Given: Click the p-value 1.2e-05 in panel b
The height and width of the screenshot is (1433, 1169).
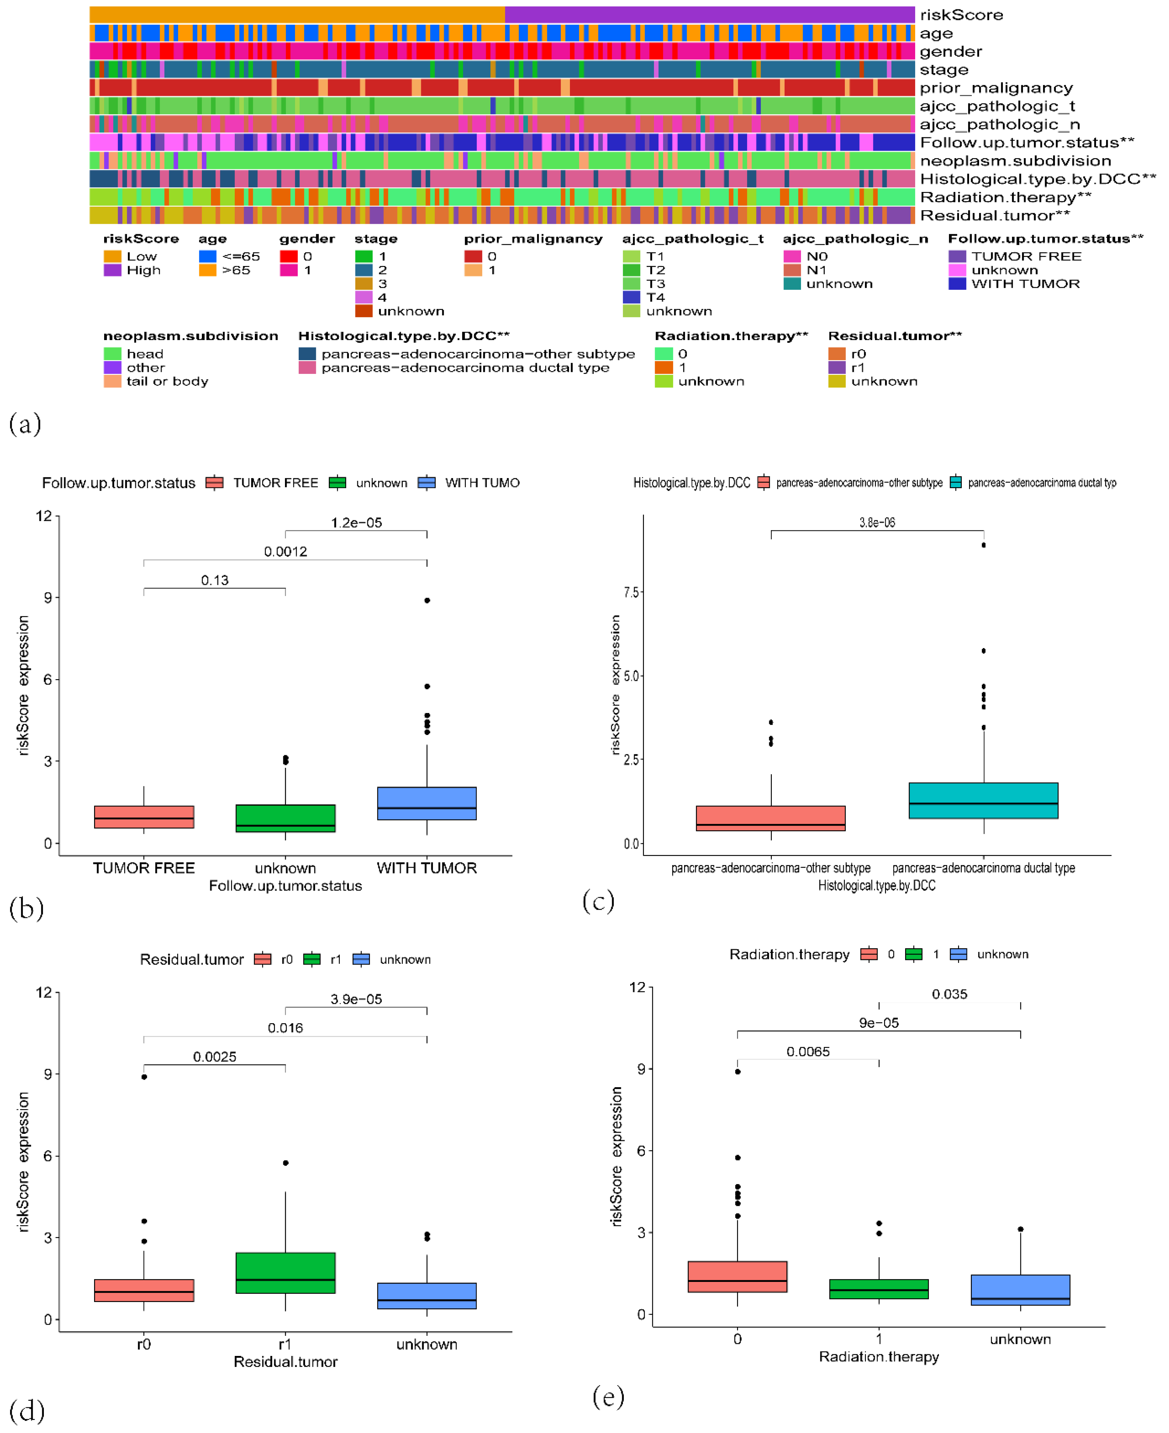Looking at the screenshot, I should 356,523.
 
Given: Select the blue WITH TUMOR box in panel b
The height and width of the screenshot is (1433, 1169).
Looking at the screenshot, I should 427,803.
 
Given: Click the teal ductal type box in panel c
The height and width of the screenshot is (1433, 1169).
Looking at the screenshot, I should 983,800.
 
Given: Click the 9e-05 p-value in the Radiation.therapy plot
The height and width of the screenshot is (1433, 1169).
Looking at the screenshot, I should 879,1023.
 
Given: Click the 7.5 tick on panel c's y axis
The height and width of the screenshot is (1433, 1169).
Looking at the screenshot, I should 631,592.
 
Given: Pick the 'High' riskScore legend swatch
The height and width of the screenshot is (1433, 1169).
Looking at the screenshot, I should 113,270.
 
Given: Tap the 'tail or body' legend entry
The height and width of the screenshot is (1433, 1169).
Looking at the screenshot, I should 167,381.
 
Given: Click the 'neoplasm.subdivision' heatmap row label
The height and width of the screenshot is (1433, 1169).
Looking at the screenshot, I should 1015,161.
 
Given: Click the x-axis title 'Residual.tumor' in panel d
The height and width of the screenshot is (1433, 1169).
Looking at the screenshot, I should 286,1362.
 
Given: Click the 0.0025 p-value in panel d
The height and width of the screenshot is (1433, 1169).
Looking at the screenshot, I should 215,1056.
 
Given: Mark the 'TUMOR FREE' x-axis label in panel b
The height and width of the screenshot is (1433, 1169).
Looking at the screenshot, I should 144,868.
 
